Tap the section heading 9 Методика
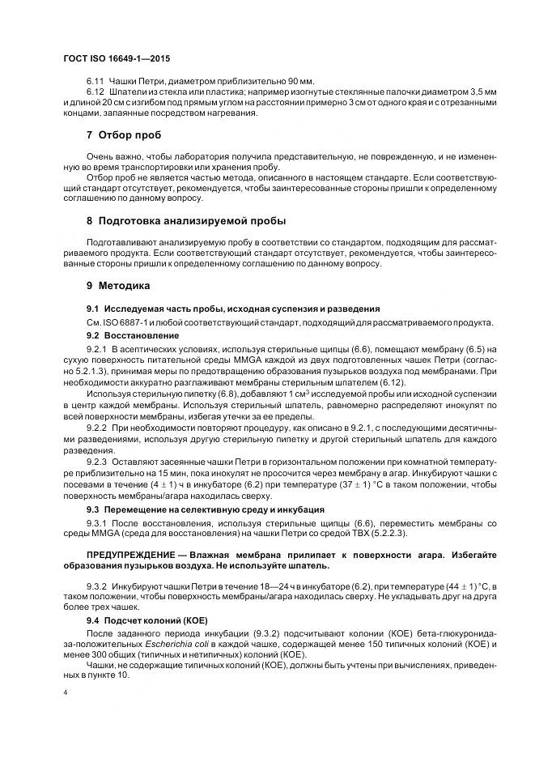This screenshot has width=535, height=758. point(118,286)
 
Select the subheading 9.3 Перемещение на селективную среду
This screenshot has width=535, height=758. point(205,509)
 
